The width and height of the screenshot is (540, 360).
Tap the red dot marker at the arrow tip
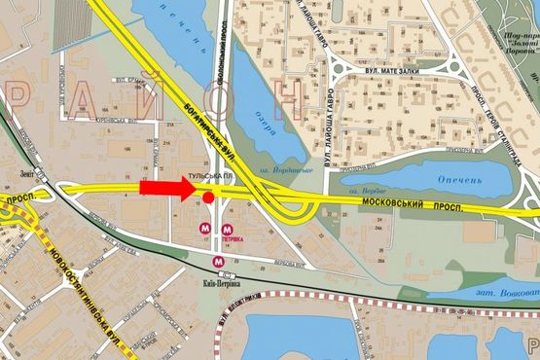[208, 198]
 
